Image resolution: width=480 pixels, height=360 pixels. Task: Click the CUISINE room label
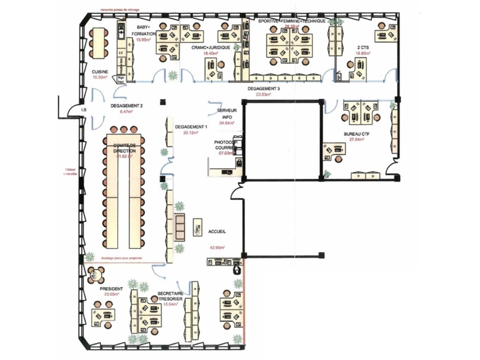pos(100,72)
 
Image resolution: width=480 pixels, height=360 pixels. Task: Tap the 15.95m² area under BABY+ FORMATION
pos(143,40)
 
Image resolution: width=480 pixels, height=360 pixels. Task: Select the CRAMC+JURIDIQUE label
pos(211,48)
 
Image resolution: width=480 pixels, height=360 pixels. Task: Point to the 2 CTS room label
pos(363,48)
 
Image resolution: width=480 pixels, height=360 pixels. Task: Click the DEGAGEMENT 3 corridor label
pos(264,89)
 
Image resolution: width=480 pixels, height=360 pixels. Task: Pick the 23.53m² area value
pos(263,95)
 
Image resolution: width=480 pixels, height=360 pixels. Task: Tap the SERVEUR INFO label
pos(227,114)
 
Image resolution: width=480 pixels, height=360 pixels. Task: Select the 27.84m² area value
pos(357,139)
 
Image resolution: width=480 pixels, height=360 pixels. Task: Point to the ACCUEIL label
pos(217,232)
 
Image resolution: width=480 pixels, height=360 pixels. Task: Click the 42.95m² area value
pos(217,247)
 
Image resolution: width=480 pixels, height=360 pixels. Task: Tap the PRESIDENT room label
pos(111,289)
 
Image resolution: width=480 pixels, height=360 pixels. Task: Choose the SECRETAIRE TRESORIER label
pos(170,296)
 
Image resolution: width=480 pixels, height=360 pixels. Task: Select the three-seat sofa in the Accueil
pos(180,226)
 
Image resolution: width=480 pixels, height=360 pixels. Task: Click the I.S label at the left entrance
pos(84,110)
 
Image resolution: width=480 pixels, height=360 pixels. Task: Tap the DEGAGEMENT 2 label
pos(126,106)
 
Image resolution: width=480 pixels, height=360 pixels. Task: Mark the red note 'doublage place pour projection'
pos(121,258)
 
